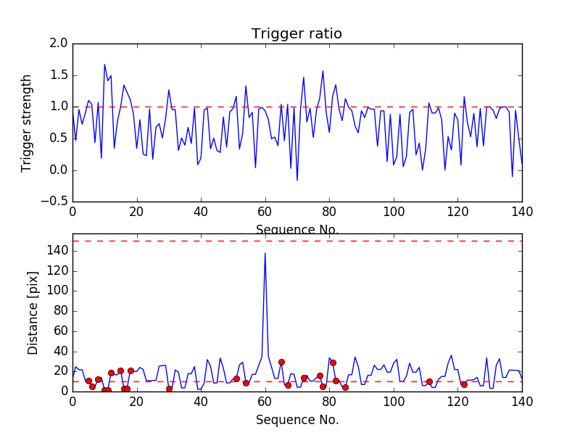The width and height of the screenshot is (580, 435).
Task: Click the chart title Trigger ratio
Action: (x=297, y=34)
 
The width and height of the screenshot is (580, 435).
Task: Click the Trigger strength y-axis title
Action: (x=27, y=123)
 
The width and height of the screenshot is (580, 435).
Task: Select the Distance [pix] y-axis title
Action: (x=33, y=312)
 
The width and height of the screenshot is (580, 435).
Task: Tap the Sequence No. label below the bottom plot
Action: (x=297, y=420)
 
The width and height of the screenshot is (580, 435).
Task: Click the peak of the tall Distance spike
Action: (x=265, y=253)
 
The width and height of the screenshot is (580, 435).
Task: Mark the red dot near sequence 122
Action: (x=464, y=384)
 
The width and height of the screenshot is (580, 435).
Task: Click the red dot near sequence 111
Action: (x=429, y=381)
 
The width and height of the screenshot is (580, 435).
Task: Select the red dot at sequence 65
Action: (x=281, y=362)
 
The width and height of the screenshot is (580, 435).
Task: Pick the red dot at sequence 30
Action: (x=169, y=389)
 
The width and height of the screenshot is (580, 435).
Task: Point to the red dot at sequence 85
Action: (x=345, y=387)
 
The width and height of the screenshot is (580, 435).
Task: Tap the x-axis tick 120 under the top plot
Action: (x=457, y=211)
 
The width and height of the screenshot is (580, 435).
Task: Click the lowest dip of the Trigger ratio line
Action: (x=297, y=181)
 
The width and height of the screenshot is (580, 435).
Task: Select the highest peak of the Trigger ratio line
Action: (x=104, y=65)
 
